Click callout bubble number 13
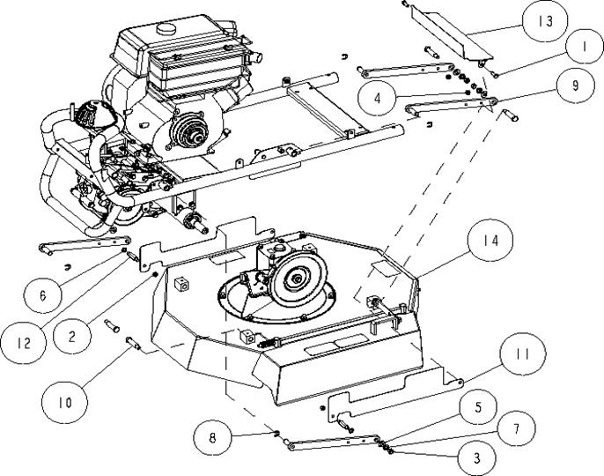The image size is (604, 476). tap(545, 22)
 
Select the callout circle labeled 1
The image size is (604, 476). tap(585, 47)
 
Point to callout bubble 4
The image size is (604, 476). tap(377, 99)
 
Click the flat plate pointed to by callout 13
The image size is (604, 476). tap(451, 32)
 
